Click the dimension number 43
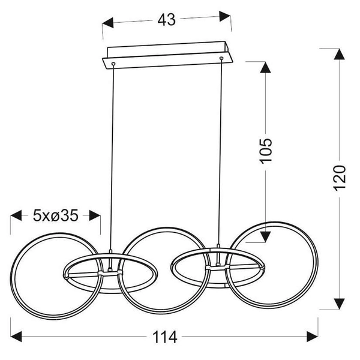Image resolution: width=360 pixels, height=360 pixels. pos(167,20)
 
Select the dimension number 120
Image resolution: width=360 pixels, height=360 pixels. pos(339,177)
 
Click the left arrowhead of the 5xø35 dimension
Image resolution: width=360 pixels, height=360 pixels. pos(16,214)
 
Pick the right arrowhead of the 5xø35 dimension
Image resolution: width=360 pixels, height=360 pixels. pos(95,214)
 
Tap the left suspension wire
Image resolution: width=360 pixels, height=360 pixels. pos(111,156)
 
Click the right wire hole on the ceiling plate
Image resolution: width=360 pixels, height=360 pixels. pos(221,58)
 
